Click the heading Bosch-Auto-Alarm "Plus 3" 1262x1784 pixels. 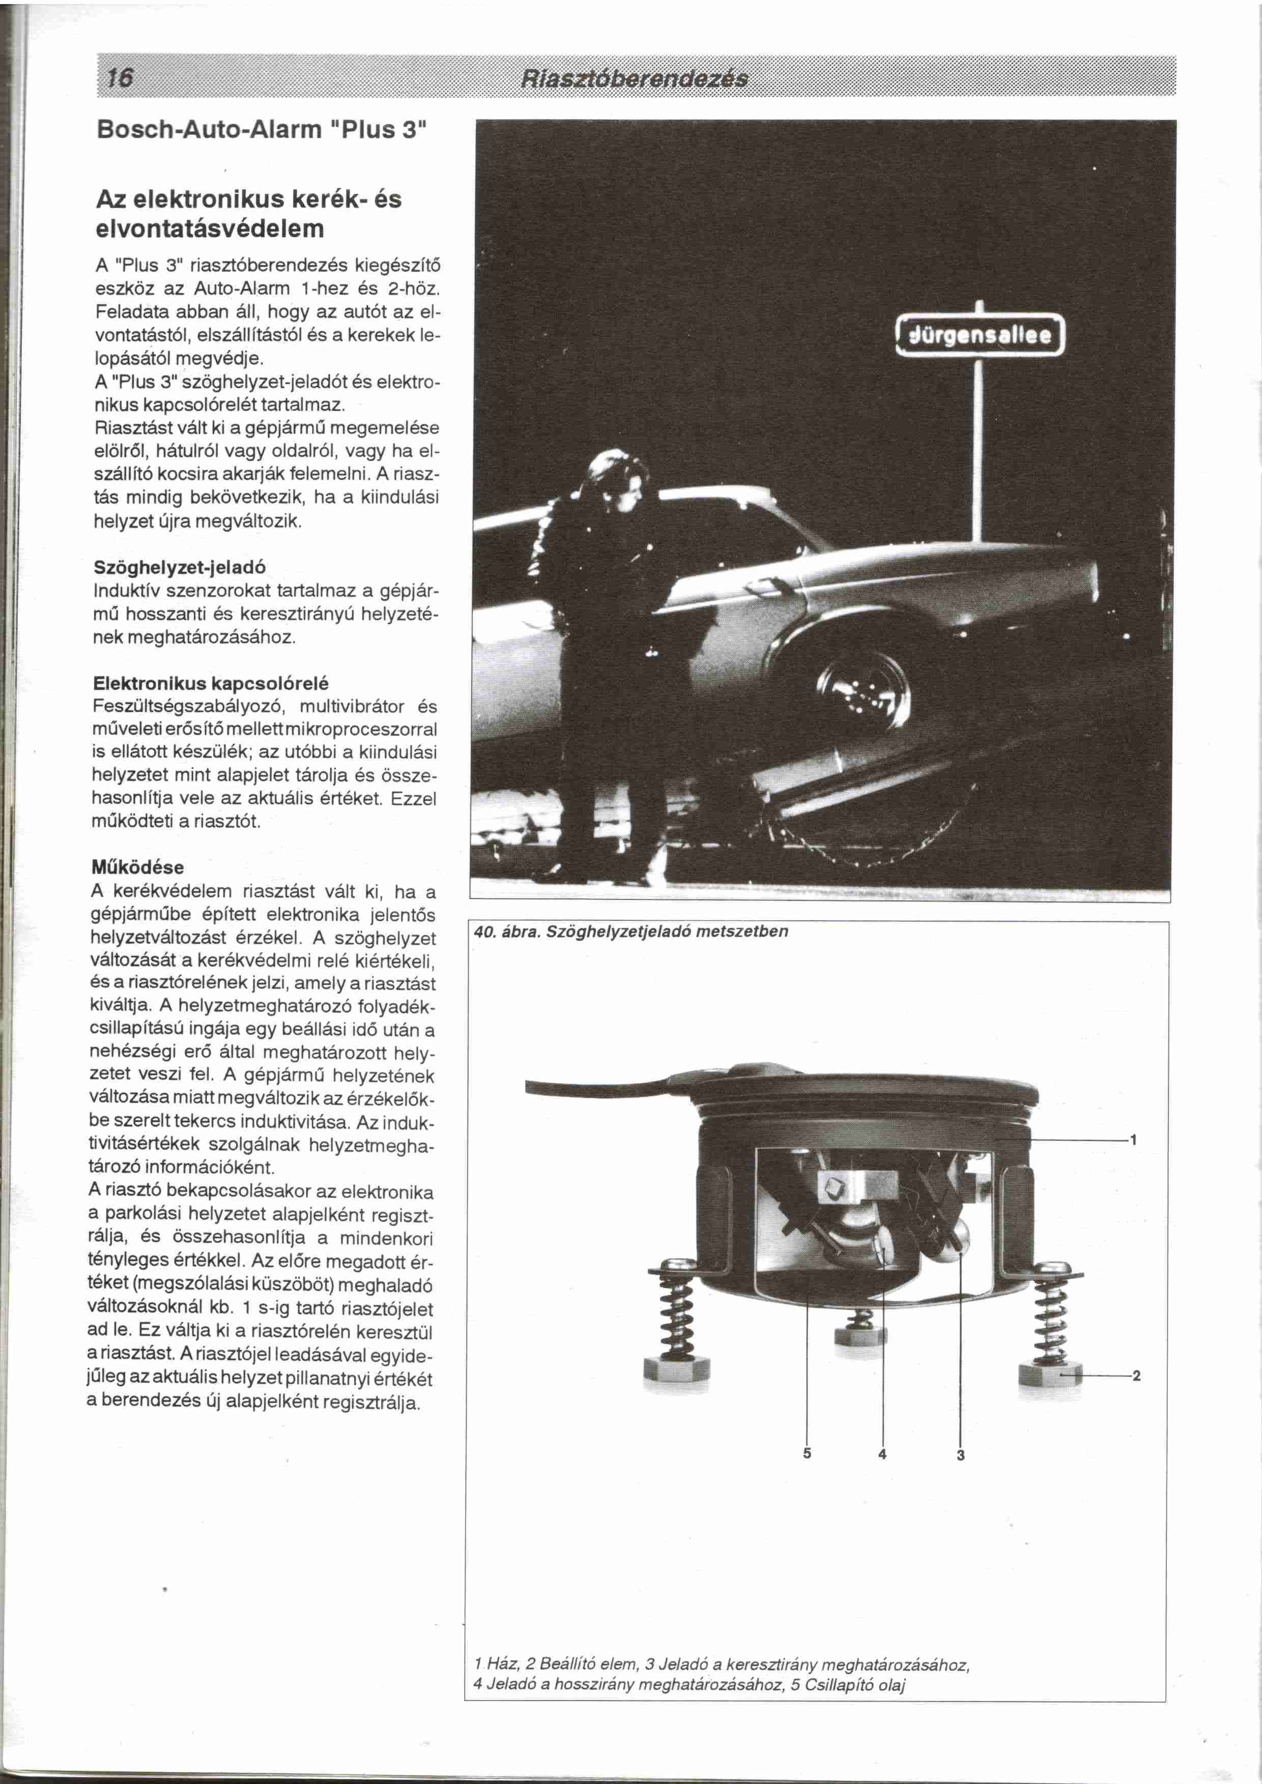262,129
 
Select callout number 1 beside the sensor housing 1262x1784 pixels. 1134,1140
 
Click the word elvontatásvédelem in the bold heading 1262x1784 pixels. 210,229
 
